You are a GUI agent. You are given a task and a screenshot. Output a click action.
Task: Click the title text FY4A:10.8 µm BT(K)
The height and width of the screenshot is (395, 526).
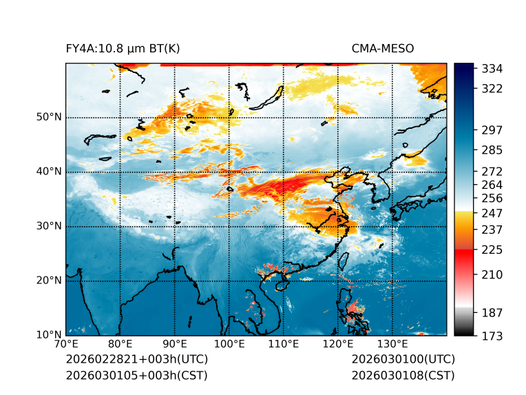pos(123,48)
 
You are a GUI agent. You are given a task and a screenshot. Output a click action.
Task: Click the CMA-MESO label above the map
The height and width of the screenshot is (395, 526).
pos(382,48)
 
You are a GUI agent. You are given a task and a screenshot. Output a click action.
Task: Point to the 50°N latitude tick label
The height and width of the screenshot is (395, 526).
pos(49,117)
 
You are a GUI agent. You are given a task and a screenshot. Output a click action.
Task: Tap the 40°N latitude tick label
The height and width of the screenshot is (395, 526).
pos(49,172)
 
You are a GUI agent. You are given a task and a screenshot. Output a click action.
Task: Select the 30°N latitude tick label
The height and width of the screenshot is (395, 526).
pos(49,226)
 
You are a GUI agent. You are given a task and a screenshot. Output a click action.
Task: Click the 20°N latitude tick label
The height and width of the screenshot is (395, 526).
pos(49,281)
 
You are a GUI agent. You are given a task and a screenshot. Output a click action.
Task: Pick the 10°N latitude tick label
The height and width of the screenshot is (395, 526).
pos(49,335)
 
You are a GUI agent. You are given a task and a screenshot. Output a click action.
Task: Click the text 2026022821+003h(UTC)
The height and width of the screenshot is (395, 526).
pos(136,360)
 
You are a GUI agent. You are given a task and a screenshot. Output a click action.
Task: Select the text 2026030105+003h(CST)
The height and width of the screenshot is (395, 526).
pos(136,376)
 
